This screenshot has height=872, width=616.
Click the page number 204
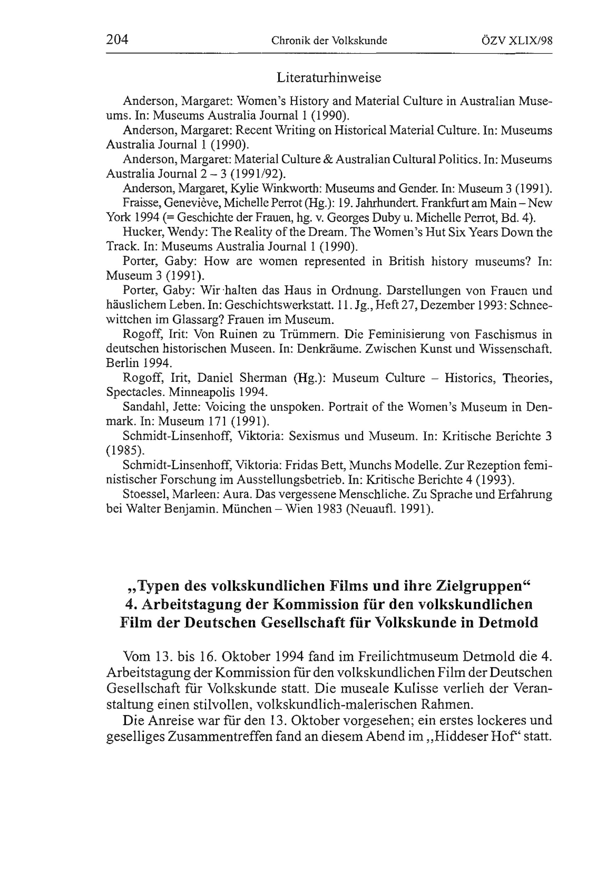117,39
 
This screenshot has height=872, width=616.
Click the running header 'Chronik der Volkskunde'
329,41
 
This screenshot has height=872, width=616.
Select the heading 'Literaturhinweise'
329,78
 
